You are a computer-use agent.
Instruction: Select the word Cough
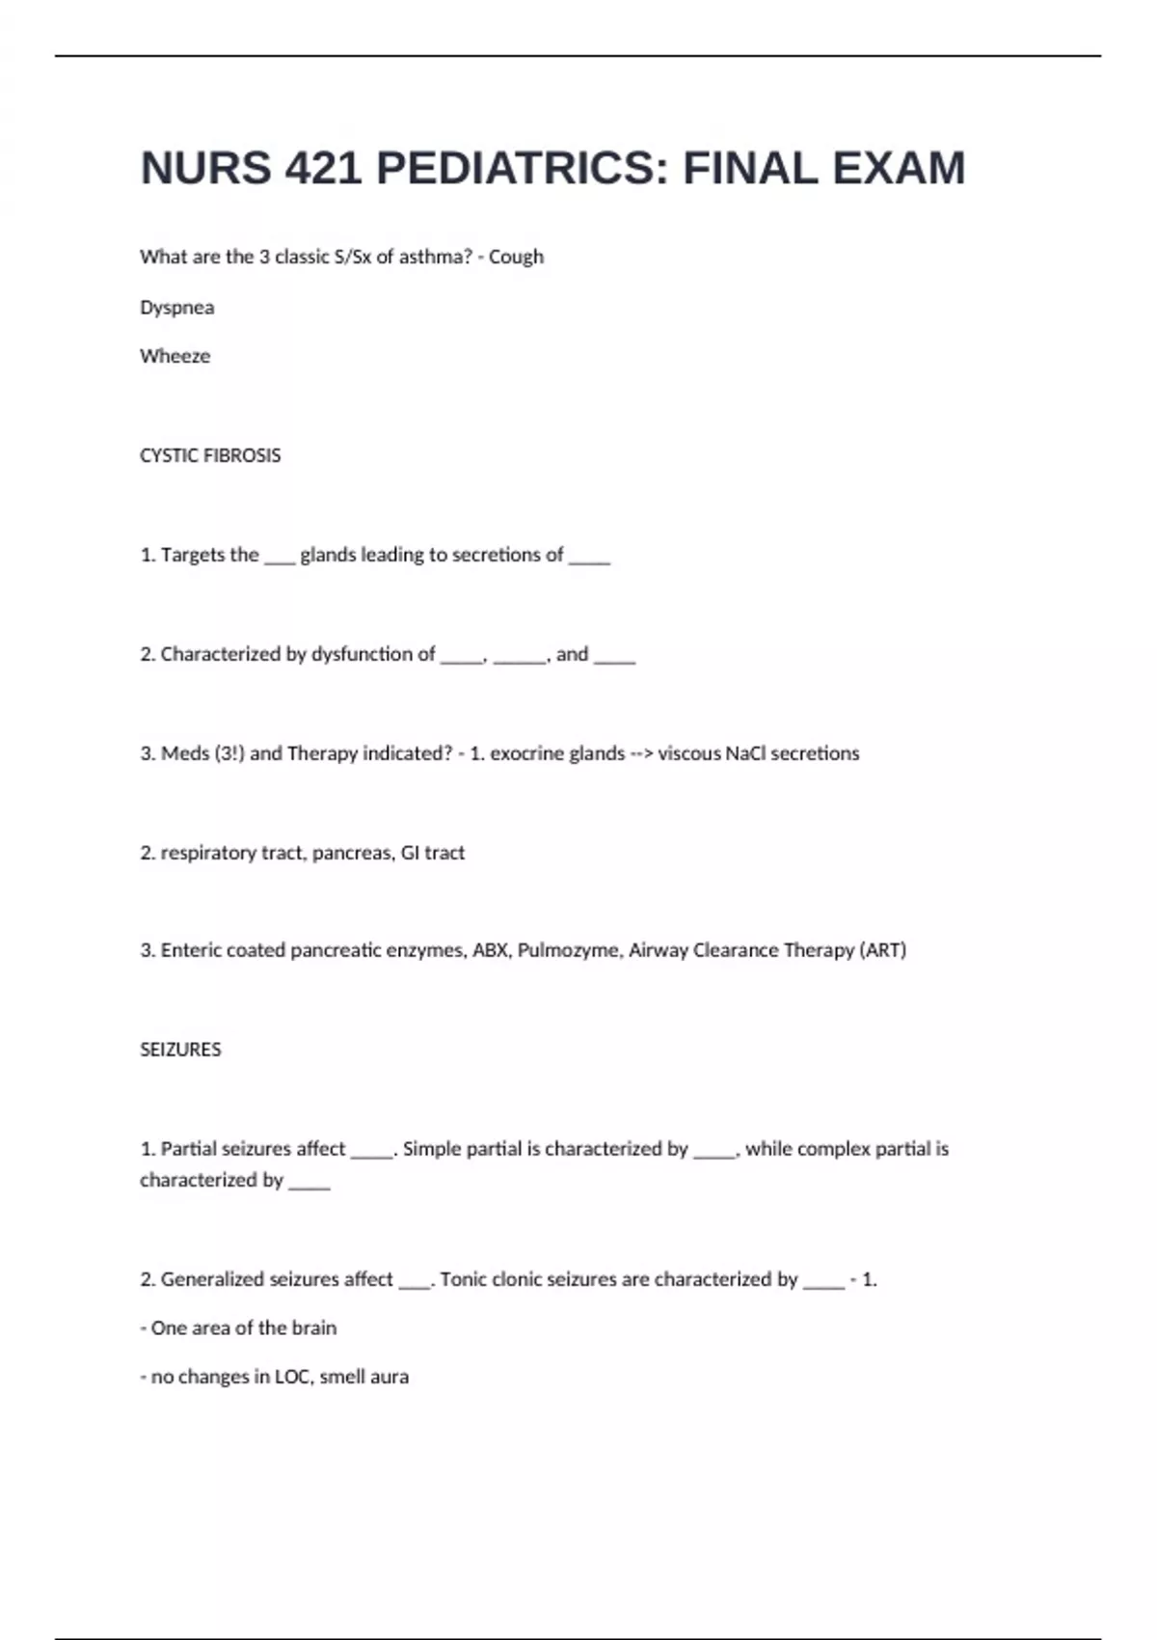(516, 257)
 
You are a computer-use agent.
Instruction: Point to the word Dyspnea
(177, 308)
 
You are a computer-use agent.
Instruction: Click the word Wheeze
(175, 356)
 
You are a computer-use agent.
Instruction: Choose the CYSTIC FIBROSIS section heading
(210, 455)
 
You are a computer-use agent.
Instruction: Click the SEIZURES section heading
(180, 1050)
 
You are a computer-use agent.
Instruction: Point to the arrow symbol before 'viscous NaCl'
(641, 753)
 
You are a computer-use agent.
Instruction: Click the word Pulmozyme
(568, 950)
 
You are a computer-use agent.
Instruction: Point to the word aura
(390, 1377)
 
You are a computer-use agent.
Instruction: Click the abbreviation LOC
(292, 1377)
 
